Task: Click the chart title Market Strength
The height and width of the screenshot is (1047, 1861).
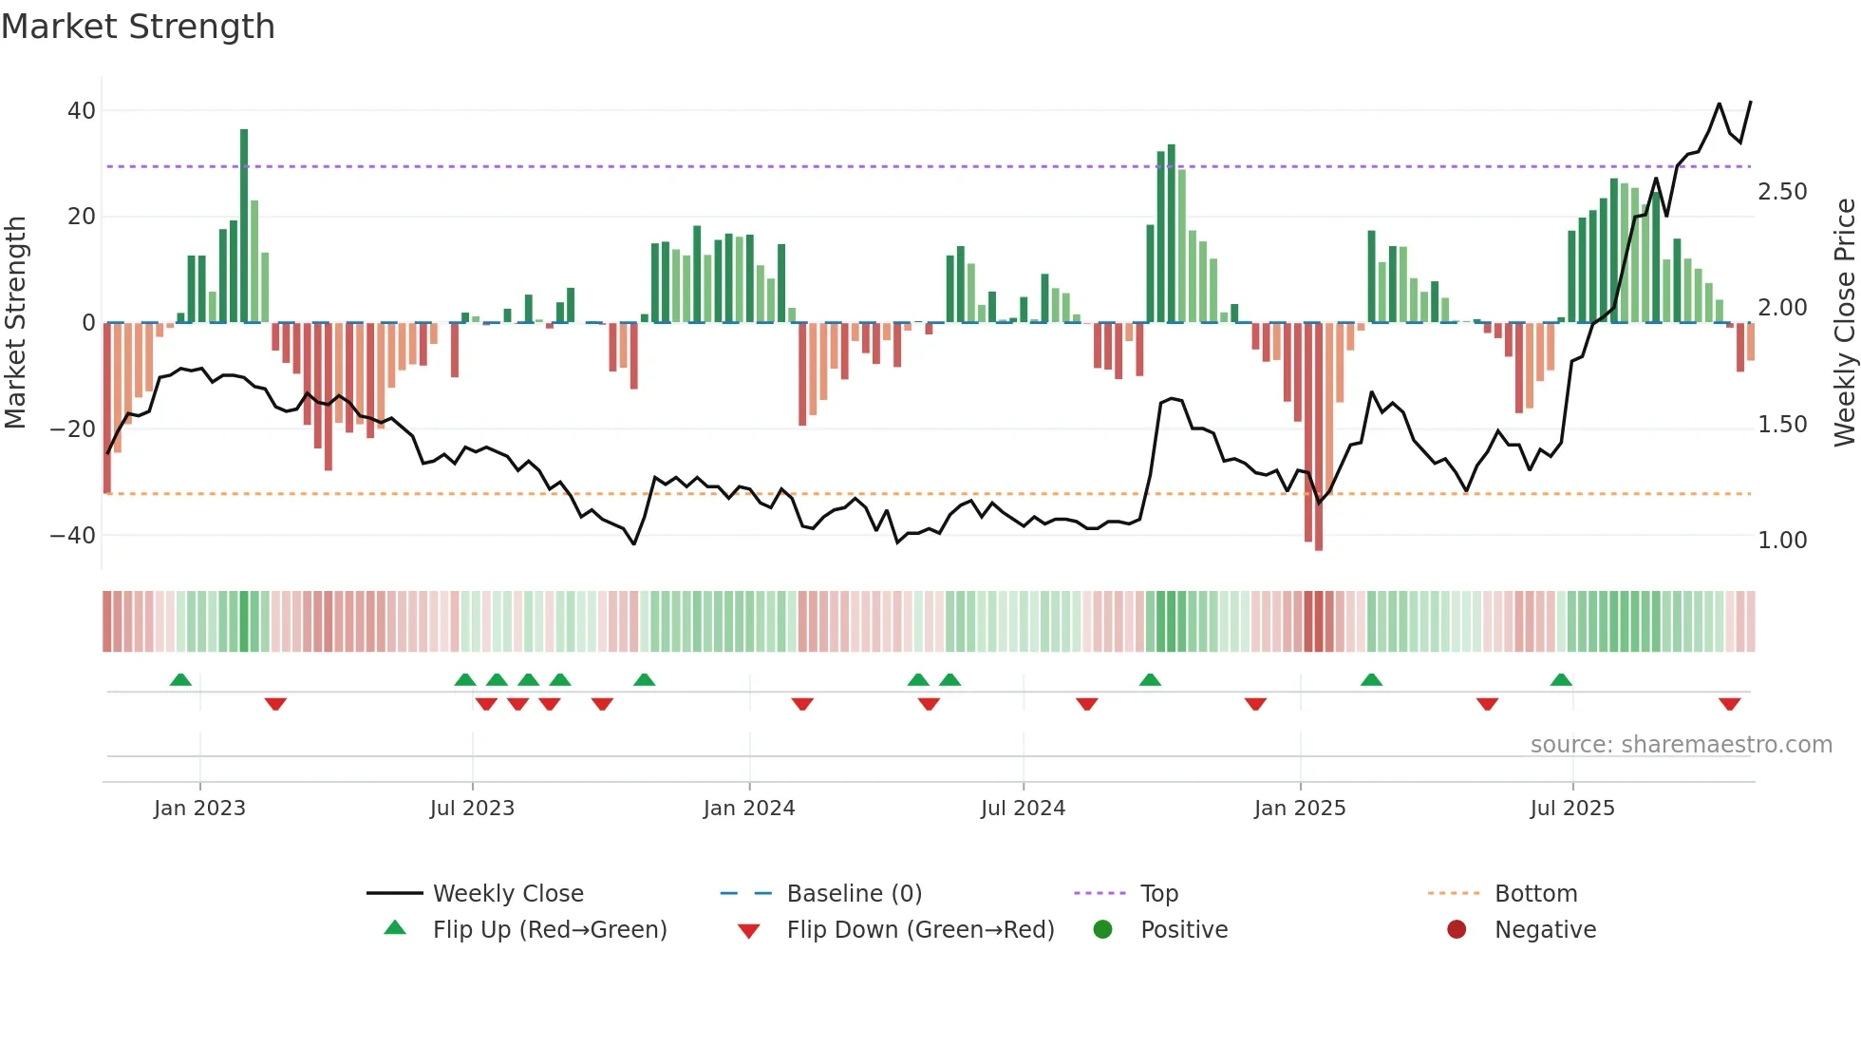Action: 138,27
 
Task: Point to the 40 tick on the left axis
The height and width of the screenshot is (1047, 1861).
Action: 82,111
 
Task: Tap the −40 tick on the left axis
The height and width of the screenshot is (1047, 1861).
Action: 74,536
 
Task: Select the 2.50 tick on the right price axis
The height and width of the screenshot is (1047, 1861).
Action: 1782,192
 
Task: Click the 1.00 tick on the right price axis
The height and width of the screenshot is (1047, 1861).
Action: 1782,541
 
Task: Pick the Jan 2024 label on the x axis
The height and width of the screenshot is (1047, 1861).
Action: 748,809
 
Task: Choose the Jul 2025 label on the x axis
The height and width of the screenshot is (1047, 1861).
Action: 1571,809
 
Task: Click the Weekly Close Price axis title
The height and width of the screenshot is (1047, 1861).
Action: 1844,323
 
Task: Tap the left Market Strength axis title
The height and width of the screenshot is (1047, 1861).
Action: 16,323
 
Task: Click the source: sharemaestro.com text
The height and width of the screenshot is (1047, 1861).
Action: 1681,745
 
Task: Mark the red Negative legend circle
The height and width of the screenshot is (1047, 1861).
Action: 1457,930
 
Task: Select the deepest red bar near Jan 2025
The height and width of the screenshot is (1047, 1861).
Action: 1318,437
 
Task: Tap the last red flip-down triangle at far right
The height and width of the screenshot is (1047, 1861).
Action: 1729,704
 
